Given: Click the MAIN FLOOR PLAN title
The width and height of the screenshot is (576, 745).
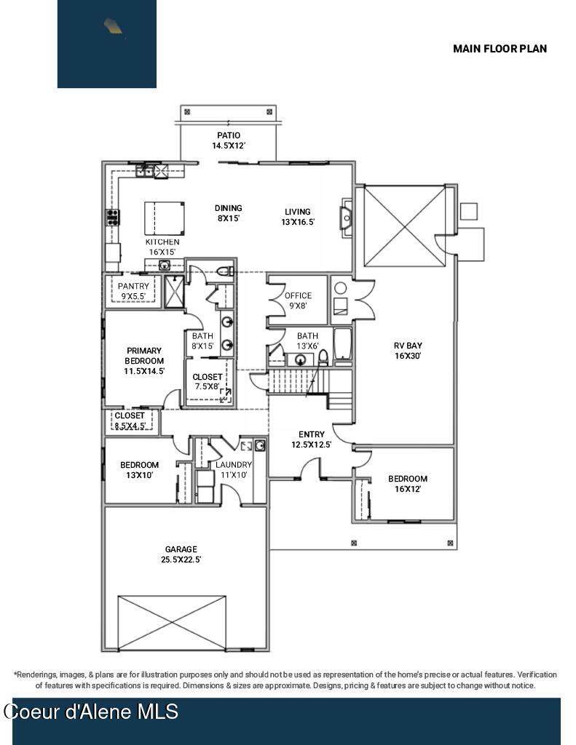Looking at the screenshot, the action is (500, 49).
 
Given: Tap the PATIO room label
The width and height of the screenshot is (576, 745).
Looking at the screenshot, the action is (229, 135).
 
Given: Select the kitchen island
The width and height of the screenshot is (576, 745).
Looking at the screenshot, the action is (164, 218).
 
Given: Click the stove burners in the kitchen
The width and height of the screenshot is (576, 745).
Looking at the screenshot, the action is (112, 217).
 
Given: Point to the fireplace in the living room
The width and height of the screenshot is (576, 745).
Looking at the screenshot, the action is (347, 218).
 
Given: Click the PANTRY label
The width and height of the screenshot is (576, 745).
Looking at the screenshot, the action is (133, 286).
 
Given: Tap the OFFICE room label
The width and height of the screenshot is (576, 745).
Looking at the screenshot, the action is (299, 295).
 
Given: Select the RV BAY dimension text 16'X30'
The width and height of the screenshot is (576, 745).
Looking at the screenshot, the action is (408, 356).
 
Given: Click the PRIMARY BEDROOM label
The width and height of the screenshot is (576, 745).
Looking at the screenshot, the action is (144, 356).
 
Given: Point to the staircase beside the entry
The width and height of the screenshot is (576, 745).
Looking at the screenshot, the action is (310, 383).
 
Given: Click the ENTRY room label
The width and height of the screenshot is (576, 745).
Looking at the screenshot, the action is (312, 434).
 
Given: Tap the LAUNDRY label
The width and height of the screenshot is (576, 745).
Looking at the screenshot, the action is (234, 465).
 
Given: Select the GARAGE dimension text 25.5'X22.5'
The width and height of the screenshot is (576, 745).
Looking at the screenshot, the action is (181, 559).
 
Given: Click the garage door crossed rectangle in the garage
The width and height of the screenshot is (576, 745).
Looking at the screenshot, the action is (172, 623).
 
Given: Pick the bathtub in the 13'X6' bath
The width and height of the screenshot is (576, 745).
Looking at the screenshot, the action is (342, 344).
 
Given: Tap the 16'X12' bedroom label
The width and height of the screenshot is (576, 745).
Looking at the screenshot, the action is (408, 484).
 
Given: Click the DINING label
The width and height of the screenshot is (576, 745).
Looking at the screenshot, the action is (229, 208).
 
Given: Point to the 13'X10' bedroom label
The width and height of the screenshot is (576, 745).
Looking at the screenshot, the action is (139, 470).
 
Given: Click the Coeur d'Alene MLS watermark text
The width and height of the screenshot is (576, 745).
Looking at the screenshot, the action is (91, 712).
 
